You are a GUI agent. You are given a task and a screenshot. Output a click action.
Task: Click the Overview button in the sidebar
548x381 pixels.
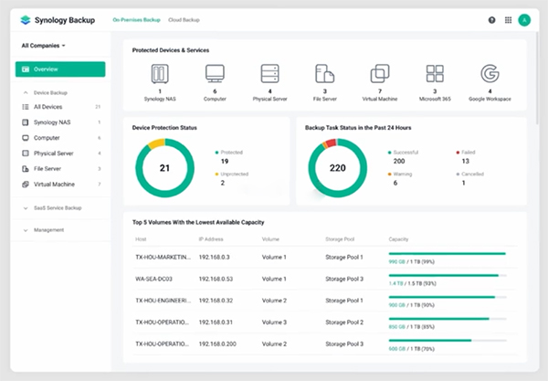tap(60, 69)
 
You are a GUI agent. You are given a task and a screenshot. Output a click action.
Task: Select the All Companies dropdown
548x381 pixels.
tap(45, 45)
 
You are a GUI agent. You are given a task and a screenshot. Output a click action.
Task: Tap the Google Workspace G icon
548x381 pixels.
tap(490, 74)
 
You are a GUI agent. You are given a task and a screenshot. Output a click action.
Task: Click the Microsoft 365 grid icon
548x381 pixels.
tap(435, 74)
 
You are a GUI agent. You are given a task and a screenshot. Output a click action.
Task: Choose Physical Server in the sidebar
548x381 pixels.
tap(53, 153)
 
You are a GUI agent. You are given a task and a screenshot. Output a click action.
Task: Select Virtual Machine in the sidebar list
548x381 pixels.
tap(54, 184)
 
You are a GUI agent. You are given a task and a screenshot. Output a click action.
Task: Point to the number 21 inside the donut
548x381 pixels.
tap(165, 168)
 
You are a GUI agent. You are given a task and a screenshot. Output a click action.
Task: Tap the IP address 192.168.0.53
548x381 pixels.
tap(216, 278)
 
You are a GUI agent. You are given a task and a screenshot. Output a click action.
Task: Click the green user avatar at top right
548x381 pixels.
tap(523, 19)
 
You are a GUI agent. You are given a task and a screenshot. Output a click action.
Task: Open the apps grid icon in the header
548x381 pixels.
tap(508, 19)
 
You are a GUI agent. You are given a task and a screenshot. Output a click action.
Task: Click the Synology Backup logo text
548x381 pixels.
tap(66, 19)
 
